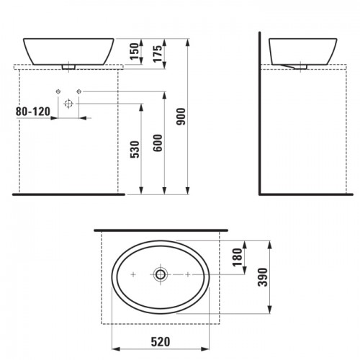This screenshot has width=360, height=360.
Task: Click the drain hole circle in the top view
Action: [160, 274]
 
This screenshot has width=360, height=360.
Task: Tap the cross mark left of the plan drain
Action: [135, 274]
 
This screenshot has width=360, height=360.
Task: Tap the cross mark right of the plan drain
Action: [186, 274]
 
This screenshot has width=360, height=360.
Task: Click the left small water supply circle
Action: [57, 91]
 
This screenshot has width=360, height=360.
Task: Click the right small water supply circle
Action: [80, 91]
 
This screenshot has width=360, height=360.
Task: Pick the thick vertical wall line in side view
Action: [260, 115]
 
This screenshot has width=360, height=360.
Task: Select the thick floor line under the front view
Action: [65, 194]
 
